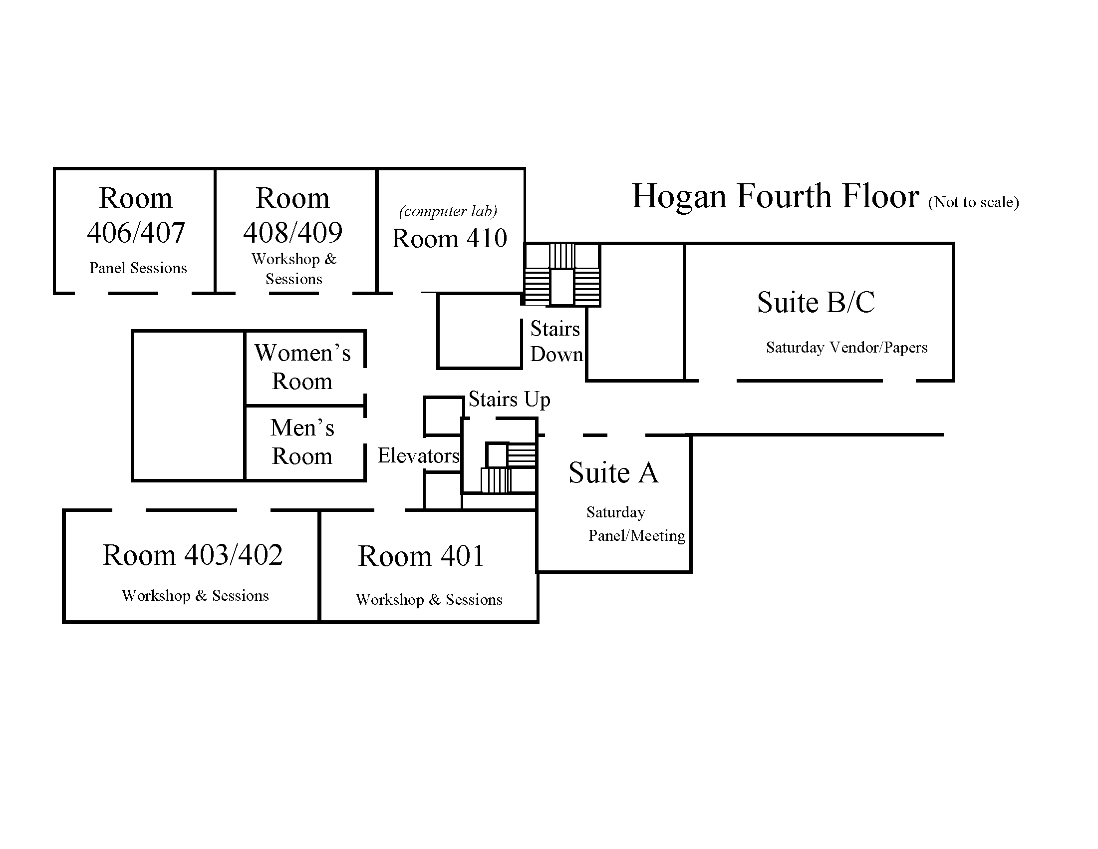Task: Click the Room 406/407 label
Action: [x=136, y=215]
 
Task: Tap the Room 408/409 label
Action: [x=292, y=215]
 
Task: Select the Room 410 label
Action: [x=450, y=238]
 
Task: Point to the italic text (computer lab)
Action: [x=448, y=211]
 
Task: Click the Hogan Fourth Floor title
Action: [x=775, y=197]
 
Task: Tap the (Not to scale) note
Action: [x=973, y=202]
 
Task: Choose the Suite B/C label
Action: [x=816, y=302]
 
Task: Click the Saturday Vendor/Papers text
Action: [x=846, y=348]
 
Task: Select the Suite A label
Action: [x=613, y=473]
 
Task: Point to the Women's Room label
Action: [x=302, y=367]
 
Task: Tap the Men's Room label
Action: [x=302, y=441]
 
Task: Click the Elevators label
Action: [x=418, y=455]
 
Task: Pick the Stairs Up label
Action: [x=509, y=400]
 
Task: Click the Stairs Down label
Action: [x=556, y=342]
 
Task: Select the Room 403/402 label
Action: [x=193, y=555]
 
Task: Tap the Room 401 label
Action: [x=421, y=556]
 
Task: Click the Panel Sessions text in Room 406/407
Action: [x=138, y=268]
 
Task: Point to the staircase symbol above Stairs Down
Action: [x=562, y=275]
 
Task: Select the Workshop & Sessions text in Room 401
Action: [x=429, y=599]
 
